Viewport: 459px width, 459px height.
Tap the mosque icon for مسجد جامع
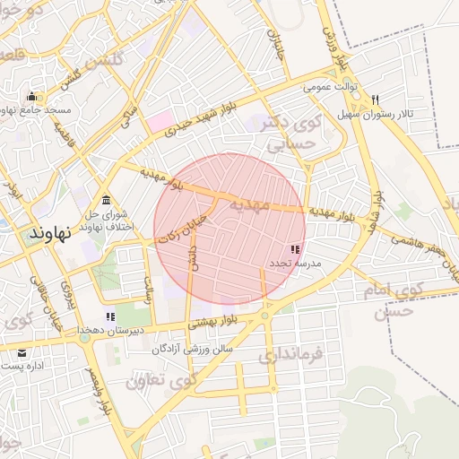click(x=32, y=97)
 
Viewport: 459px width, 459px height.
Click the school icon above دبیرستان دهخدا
click(x=110, y=316)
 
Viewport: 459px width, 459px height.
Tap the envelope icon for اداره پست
click(x=22, y=352)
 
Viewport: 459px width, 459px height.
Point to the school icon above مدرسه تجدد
click(x=296, y=249)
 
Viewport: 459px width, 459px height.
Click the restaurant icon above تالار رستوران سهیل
click(x=375, y=100)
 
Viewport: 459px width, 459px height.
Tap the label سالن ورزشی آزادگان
click(x=192, y=347)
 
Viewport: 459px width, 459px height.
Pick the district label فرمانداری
click(x=302, y=357)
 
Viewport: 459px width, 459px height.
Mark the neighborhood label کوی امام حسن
click(x=399, y=300)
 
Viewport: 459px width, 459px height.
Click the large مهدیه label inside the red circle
click(x=238, y=204)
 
